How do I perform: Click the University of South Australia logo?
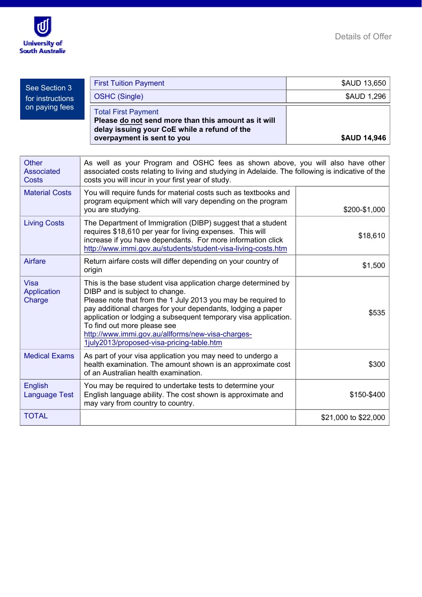point(42,35)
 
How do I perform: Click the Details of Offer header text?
point(363,37)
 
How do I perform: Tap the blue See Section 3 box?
point(52,98)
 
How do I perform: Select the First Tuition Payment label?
point(129,83)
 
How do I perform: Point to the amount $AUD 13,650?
point(364,83)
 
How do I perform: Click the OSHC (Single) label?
point(119,96)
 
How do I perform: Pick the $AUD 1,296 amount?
point(366,96)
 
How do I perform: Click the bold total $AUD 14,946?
point(364,138)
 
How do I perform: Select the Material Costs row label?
point(47,192)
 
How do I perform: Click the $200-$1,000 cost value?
point(364,209)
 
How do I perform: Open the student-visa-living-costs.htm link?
point(185,248)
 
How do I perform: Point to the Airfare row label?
point(35,261)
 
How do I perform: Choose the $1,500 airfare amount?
point(374,265)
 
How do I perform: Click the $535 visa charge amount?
point(377,313)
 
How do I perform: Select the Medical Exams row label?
point(49,356)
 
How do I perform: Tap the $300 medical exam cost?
point(377,364)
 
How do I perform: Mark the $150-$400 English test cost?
point(367,394)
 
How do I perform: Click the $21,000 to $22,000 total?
point(353,417)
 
